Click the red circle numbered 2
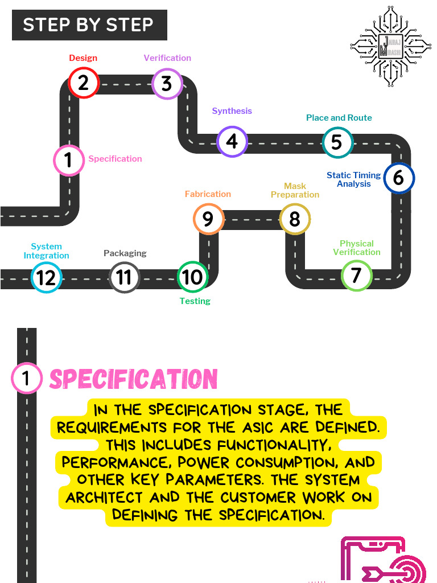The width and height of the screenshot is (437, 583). tap(84, 83)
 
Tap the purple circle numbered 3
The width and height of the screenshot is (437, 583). tap(167, 84)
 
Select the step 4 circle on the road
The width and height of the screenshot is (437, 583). tap(232, 141)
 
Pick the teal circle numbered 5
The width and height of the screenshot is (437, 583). tap(337, 142)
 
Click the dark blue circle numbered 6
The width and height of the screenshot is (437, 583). tap(399, 178)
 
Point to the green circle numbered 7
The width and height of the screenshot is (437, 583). tap(356, 276)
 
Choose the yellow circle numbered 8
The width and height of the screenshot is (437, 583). tap(295, 219)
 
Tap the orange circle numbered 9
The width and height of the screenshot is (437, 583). tap(208, 219)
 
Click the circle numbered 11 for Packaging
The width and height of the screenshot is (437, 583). tap(124, 277)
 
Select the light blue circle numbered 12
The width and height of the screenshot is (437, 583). tap(46, 277)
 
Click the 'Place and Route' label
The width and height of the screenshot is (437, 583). tap(339, 118)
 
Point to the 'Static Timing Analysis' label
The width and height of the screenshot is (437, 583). tap(353, 179)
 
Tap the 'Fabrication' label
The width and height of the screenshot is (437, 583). tap(208, 194)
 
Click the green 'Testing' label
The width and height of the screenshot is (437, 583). tap(195, 301)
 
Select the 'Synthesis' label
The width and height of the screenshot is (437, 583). tap(232, 111)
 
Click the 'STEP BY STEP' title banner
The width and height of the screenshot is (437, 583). tap(89, 25)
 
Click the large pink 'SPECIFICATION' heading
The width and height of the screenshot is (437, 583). tap(133, 379)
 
